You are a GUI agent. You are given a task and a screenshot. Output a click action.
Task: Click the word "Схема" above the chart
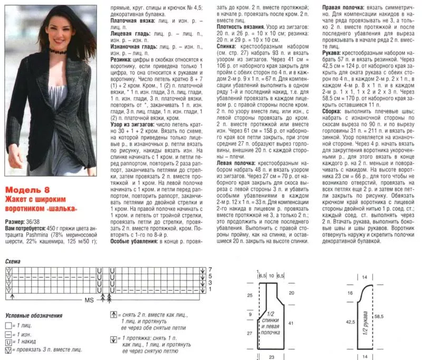tap(14, 261)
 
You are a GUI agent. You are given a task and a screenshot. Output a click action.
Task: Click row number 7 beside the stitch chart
tap(209, 269)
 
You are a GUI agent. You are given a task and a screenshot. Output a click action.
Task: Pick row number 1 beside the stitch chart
tap(209, 289)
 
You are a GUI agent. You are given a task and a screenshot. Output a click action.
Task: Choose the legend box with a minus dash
tap(8, 334)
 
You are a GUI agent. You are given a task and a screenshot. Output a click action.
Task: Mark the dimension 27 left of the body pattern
tap(250, 334)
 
